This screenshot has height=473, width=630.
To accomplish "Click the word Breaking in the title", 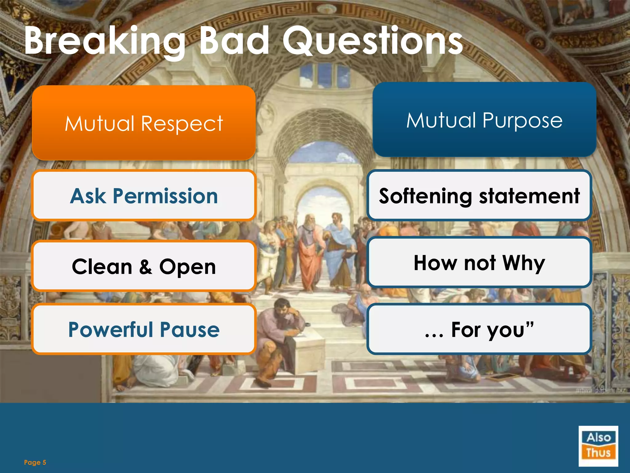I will [105, 42].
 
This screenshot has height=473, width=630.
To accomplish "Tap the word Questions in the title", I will [372, 42].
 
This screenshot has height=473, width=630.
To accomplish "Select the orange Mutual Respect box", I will [144, 123].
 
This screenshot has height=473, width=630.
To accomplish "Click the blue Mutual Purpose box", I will [484, 119].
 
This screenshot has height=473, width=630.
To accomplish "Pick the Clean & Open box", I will [144, 266].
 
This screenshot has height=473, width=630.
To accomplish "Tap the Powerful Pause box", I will [144, 329].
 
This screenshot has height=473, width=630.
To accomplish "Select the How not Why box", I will [479, 262].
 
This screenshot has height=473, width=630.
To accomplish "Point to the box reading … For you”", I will [479, 329].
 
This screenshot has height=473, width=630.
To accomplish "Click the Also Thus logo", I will [598, 446].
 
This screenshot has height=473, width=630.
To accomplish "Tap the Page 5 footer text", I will [35, 462].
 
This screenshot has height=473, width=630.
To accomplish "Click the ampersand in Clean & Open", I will [146, 267].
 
